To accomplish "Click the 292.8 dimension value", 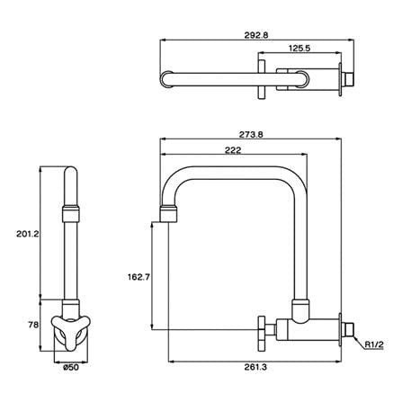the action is [256, 35].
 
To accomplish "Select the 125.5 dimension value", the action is [299, 48].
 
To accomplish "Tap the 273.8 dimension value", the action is [251, 135].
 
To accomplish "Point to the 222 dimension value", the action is [233, 150].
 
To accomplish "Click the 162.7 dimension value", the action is [138, 277].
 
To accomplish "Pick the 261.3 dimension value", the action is [255, 367].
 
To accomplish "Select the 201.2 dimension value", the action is [28, 234].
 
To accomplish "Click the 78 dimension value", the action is [33, 325].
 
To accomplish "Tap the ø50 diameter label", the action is [71, 367].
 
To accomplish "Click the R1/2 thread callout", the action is [374, 344].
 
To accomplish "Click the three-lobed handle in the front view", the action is [71, 326].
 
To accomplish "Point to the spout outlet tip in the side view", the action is [168, 214].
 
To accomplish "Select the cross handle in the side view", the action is [262, 334].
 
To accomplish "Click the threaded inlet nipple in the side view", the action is [348, 330].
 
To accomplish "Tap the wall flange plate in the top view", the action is [340, 79].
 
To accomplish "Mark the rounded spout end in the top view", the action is [166, 79].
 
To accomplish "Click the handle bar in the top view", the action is [262, 79].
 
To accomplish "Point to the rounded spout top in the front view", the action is [71, 174].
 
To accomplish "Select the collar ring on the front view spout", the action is [71, 213].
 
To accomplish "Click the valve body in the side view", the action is [308, 329].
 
